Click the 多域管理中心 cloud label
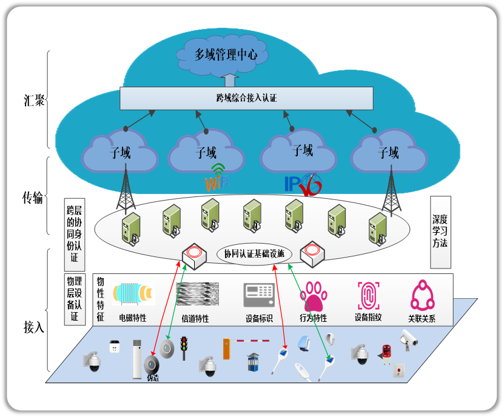point(226,55)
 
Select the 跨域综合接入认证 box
point(246,98)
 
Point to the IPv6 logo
point(302,183)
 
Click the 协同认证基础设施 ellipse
point(254,253)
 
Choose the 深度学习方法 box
point(440,232)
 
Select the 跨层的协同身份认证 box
point(74,234)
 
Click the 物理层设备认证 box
point(74,299)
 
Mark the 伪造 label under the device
point(152,378)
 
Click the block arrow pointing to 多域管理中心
point(229,79)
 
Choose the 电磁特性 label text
point(132,318)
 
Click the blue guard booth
point(252,362)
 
